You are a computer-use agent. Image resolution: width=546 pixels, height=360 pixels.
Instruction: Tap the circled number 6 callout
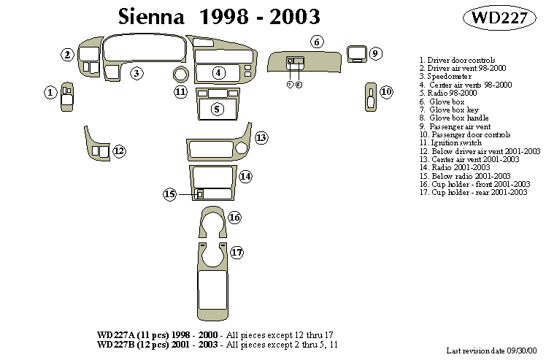(x=317, y=42)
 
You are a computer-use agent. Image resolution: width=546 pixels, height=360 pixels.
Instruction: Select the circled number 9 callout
(x=374, y=53)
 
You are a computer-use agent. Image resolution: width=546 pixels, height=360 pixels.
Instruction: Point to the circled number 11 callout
(x=180, y=91)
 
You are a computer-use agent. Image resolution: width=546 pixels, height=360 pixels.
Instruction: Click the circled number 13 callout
(x=261, y=138)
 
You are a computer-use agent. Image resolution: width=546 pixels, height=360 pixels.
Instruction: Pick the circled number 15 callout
(x=170, y=194)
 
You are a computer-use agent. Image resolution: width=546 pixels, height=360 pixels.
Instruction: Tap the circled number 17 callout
(x=237, y=253)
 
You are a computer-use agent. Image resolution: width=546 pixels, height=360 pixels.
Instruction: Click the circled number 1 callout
(x=50, y=92)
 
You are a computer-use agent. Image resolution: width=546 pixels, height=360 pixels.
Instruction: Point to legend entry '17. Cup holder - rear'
(x=473, y=193)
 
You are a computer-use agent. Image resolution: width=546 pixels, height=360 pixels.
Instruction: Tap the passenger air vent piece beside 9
(x=357, y=53)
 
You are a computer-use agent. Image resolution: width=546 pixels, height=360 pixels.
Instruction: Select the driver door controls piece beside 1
(x=66, y=96)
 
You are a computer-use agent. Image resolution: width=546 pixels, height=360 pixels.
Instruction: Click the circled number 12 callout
(x=118, y=151)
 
